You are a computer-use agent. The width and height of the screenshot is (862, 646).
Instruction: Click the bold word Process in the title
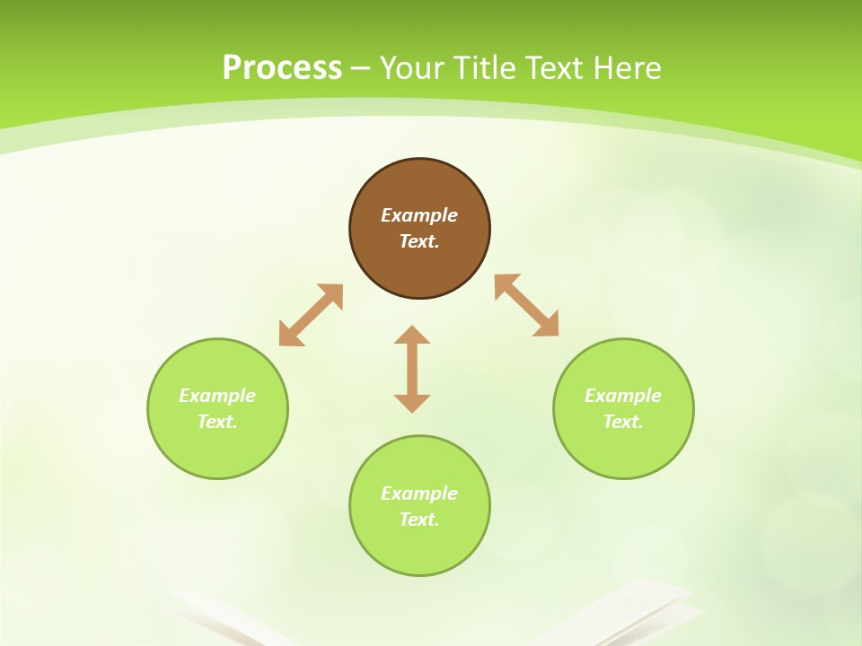coord(282,68)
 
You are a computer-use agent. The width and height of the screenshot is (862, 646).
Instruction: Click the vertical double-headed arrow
coord(412,369)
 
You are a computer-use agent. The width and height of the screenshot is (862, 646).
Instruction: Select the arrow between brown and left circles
coord(311,315)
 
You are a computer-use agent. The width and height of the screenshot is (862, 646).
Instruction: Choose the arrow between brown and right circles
coord(527,305)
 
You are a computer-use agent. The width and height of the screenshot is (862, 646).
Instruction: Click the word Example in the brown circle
coord(419,215)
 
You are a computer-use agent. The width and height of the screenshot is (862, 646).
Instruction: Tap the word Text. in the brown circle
coord(419,241)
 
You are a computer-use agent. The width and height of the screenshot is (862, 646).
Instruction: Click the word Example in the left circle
coord(217,396)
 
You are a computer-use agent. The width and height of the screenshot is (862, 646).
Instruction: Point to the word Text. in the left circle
coord(217,422)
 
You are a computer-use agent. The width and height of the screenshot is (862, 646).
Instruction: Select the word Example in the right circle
coord(623,396)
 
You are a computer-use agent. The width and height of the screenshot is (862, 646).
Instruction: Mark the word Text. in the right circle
coord(623,422)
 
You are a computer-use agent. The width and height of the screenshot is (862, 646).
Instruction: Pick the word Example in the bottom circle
coord(419,493)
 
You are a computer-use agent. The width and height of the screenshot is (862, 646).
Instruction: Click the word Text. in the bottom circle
coord(419,519)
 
